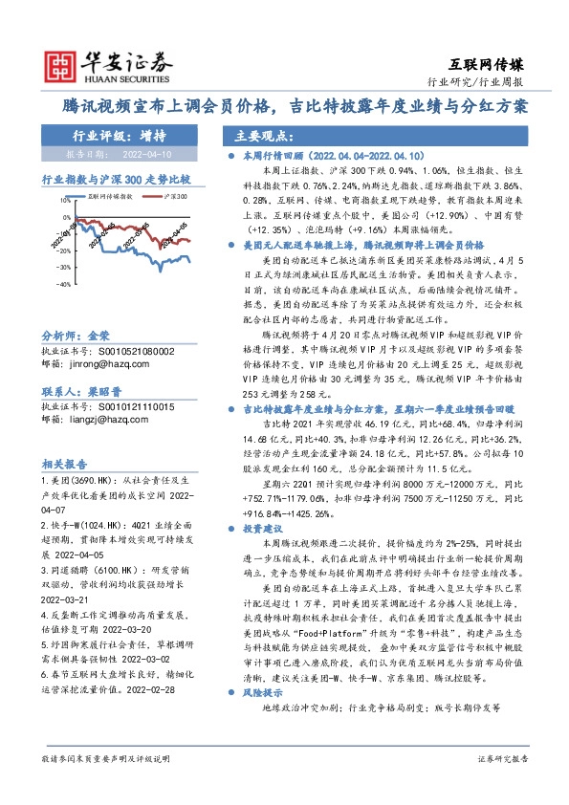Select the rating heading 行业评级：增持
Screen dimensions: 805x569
point(113,135)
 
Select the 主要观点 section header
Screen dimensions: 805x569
point(256,135)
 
